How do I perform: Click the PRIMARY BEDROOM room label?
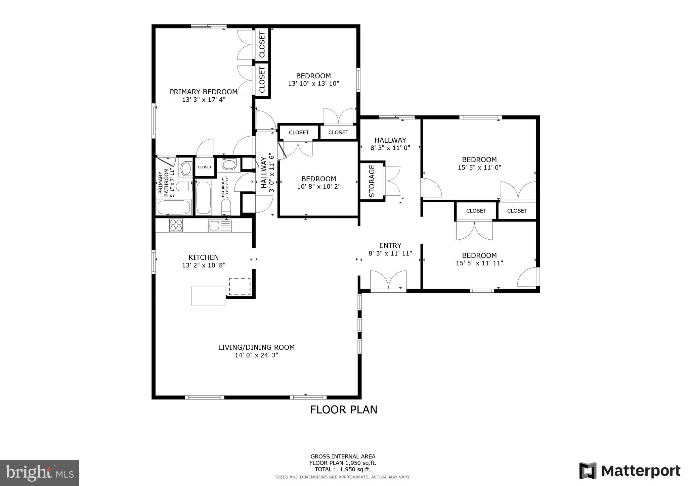[204, 92]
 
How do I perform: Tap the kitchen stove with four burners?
[176, 225]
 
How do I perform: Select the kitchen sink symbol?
[220, 225]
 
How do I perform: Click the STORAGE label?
[372, 181]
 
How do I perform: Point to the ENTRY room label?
[390, 246]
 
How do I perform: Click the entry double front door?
[388, 280]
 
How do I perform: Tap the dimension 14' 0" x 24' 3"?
[256, 355]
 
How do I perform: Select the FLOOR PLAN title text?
[343, 410]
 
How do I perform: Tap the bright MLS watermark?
[40, 473]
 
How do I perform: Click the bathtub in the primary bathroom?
[174, 207]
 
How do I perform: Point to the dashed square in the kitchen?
[240, 287]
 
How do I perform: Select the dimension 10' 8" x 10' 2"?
[319, 187]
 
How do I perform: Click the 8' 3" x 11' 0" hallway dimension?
[390, 148]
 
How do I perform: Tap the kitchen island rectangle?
[208, 296]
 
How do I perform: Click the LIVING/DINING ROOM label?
[256, 347]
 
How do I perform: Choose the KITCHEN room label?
[204, 257]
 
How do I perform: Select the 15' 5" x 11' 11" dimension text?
[479, 263]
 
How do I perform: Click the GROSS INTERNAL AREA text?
[343, 456]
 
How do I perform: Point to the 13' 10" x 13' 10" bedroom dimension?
[313, 84]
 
